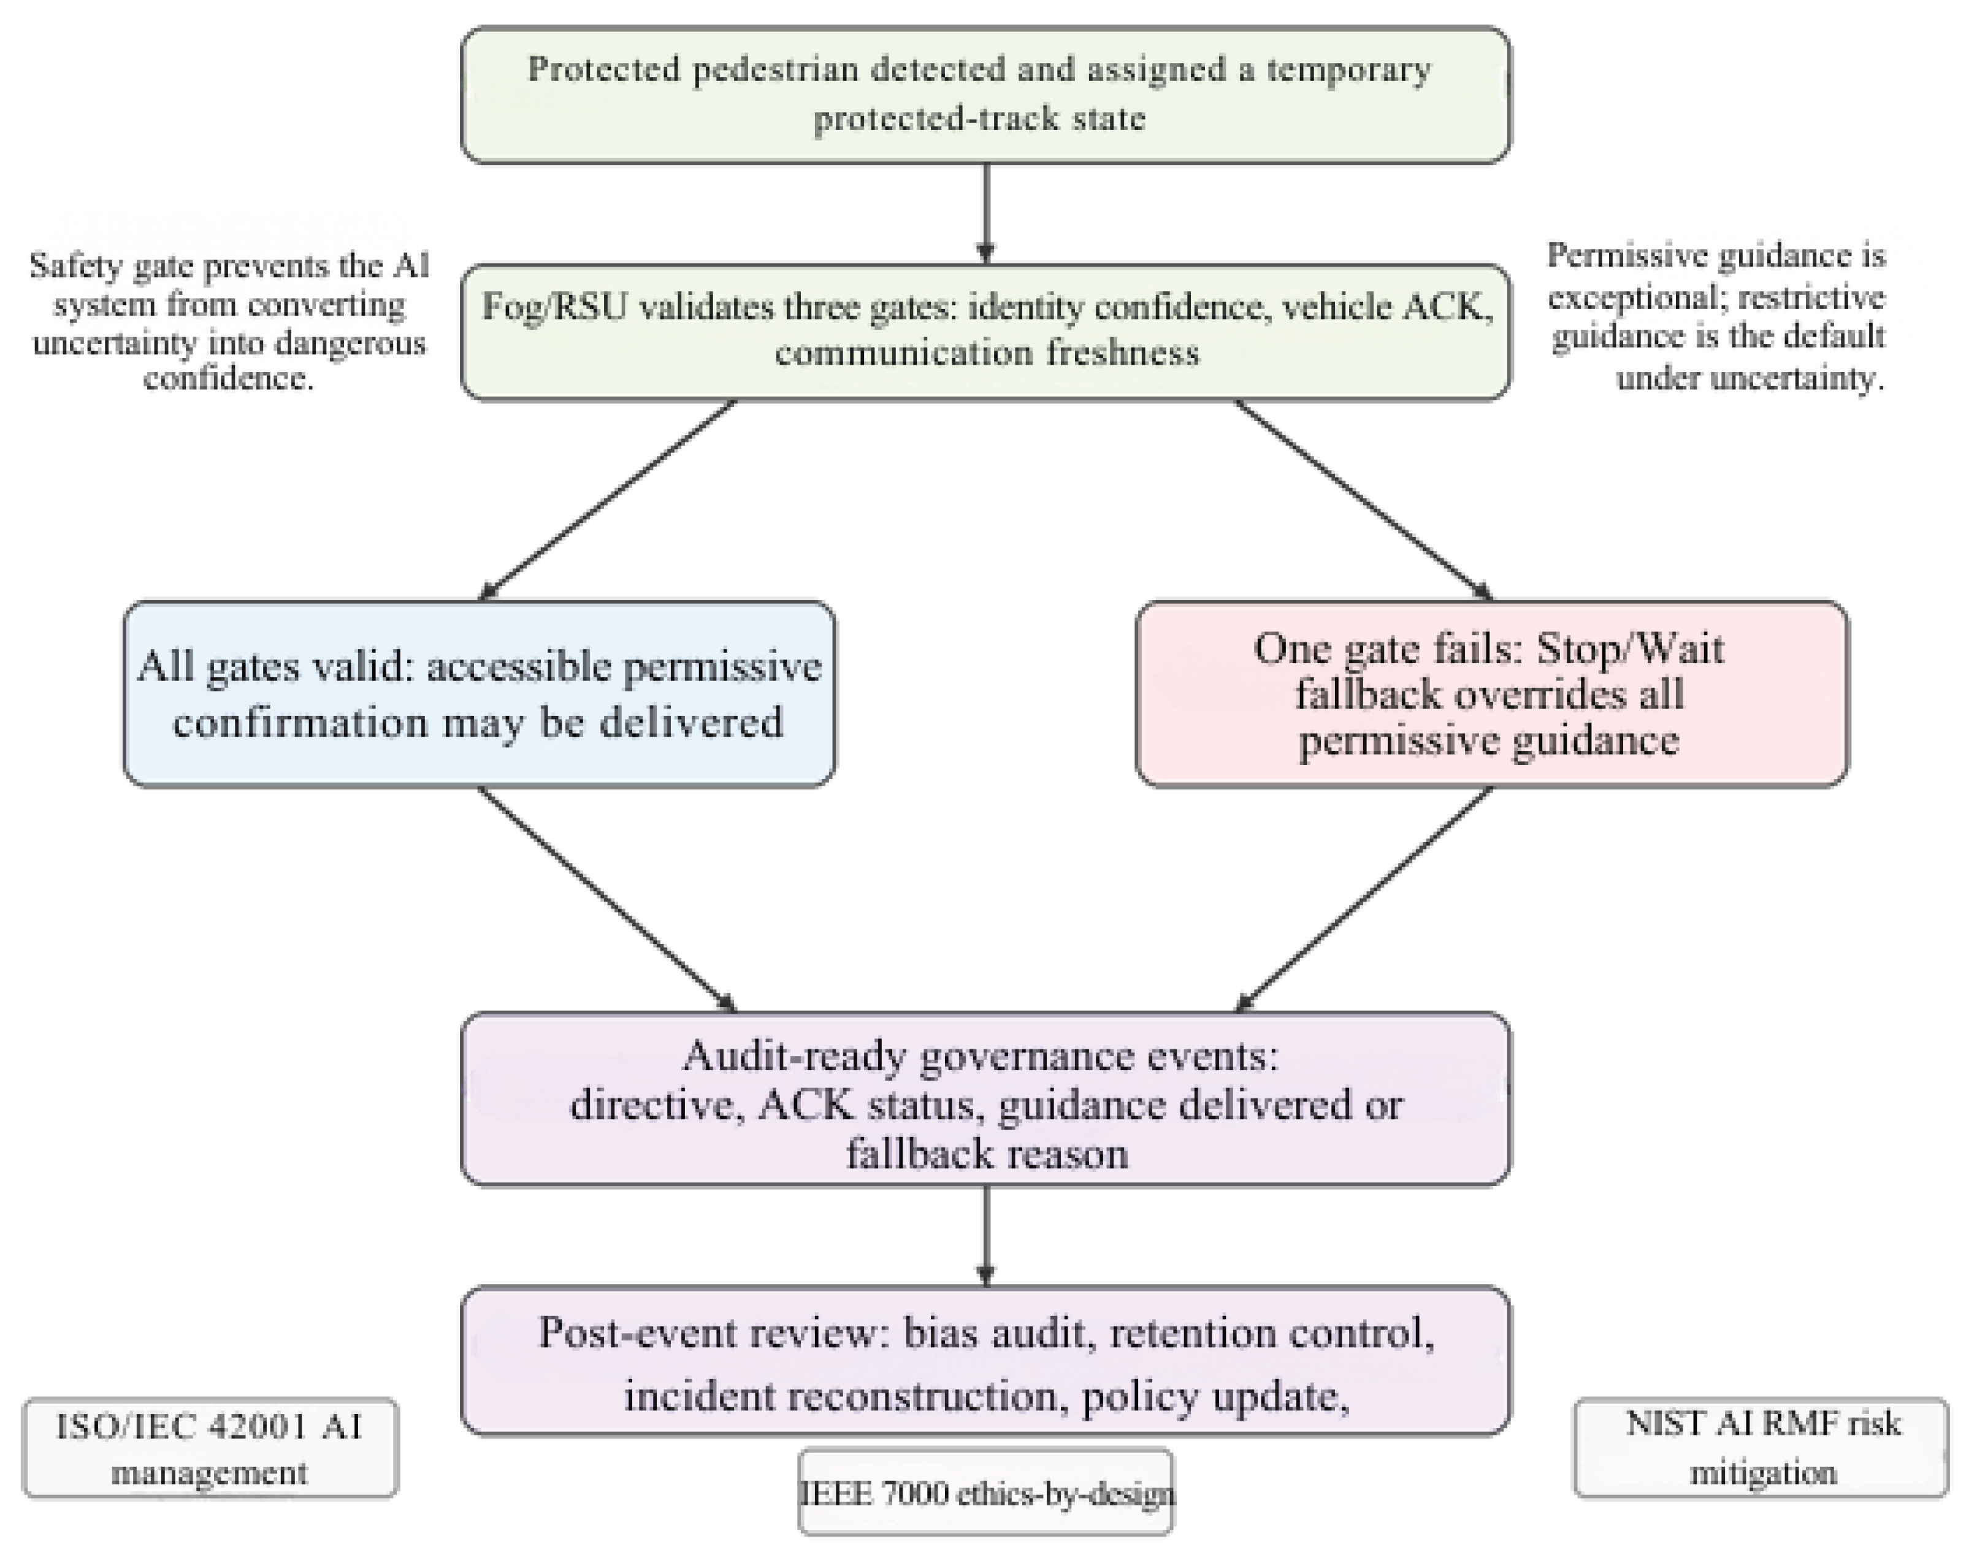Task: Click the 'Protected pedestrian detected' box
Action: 985,94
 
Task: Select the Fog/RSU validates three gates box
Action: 985,332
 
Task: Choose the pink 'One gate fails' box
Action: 1491,694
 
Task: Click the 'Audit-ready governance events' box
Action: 985,1099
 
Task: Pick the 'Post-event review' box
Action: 985,1361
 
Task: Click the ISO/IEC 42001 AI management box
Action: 210,1448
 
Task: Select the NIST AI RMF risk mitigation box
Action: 1761,1448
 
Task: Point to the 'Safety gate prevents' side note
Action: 229,321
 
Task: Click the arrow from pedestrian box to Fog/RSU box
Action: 985,214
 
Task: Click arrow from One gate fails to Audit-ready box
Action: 1363,900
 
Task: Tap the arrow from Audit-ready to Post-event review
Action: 985,1236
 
